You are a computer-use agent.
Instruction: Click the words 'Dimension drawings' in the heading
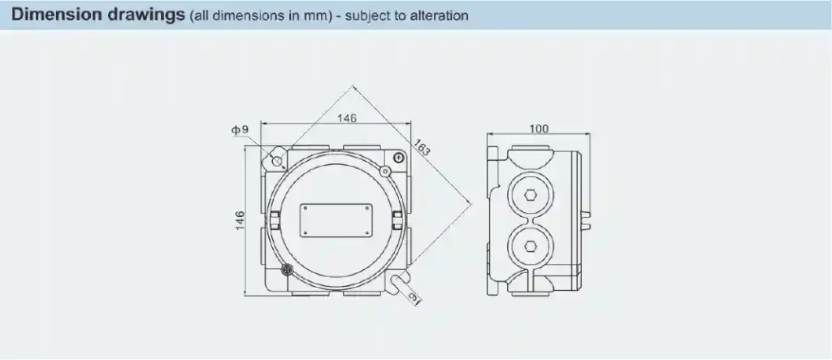tap(100, 15)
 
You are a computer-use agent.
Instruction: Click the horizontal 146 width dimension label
tap(347, 119)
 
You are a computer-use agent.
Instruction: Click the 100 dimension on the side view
tap(538, 129)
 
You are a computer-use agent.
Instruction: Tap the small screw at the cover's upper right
tap(386, 171)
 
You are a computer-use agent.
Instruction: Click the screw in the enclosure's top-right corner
tap(399, 157)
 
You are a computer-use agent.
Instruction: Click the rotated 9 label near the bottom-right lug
tap(415, 301)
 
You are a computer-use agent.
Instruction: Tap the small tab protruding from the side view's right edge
tap(589, 219)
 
